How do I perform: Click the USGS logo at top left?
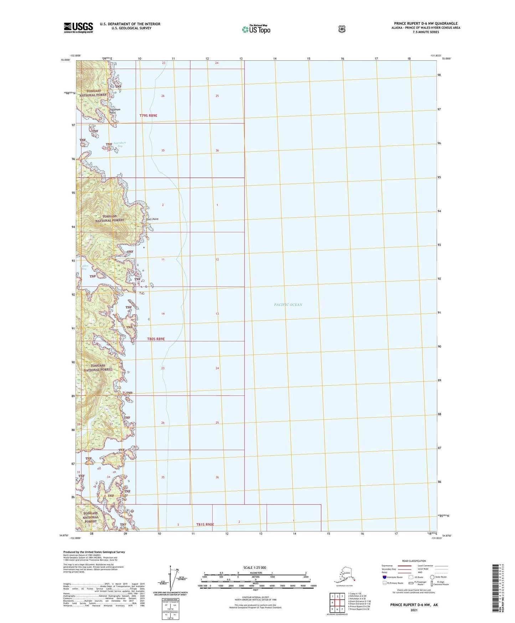tap(78, 27)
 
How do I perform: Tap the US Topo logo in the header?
tap(256, 29)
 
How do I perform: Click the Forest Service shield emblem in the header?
tap(342, 29)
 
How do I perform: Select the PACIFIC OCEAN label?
tap(288, 305)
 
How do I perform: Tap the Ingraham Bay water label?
tap(119, 144)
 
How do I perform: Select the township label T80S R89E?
tap(156, 339)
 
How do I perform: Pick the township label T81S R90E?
tap(205, 525)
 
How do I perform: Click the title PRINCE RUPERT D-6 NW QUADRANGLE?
tap(426, 24)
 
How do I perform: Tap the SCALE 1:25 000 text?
tap(254, 568)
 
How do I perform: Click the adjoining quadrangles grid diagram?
tap(337, 603)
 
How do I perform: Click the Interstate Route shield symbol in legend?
tap(385, 577)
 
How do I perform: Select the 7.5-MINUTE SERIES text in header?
tap(426, 32)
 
